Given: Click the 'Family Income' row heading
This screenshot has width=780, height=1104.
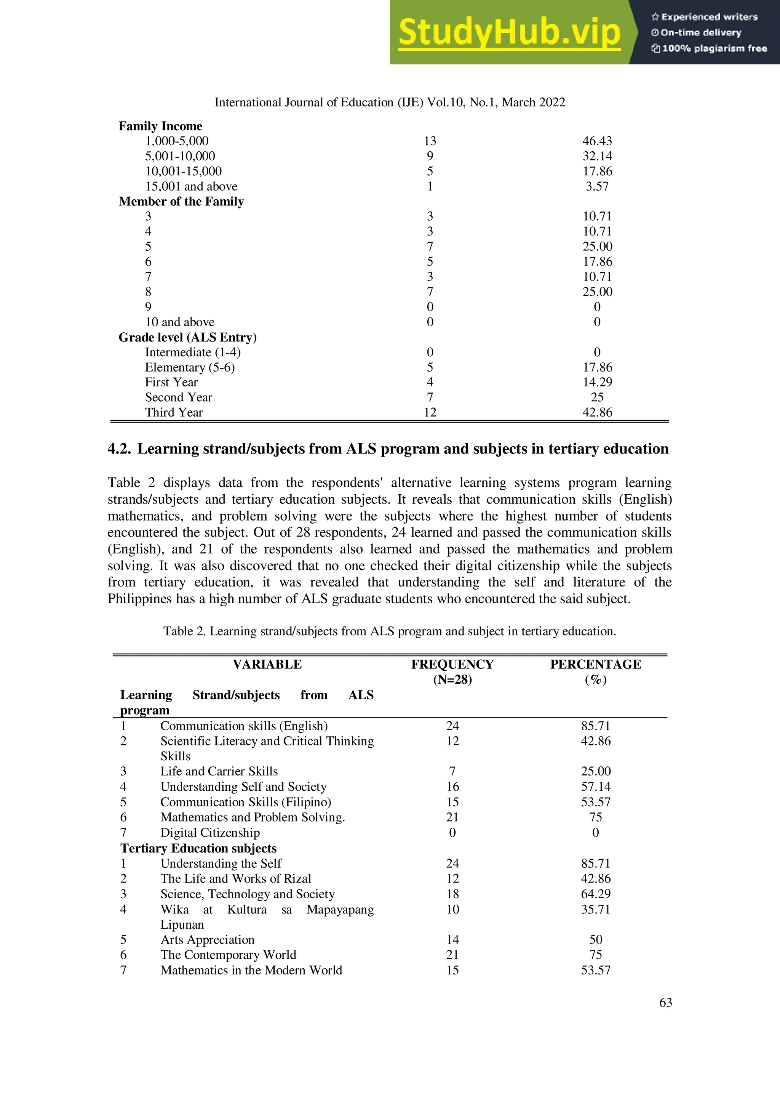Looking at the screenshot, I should pyautogui.click(x=160, y=126).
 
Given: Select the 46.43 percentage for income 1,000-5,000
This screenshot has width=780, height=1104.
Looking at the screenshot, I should pyautogui.click(x=597, y=141).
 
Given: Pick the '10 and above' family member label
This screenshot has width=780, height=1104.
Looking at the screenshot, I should pyautogui.click(x=180, y=322).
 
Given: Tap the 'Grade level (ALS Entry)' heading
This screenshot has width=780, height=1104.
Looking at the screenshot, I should pyautogui.click(x=187, y=337).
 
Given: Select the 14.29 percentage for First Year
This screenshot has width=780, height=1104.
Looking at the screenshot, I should pyautogui.click(x=597, y=382).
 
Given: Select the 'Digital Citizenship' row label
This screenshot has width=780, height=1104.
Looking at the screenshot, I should pyautogui.click(x=210, y=832).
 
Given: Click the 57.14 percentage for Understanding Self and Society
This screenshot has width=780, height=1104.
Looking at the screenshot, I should pyautogui.click(x=595, y=786).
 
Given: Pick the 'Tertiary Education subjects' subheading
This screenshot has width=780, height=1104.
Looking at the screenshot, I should pyautogui.click(x=198, y=848).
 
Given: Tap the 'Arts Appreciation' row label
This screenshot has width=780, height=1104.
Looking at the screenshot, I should pyautogui.click(x=207, y=939).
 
